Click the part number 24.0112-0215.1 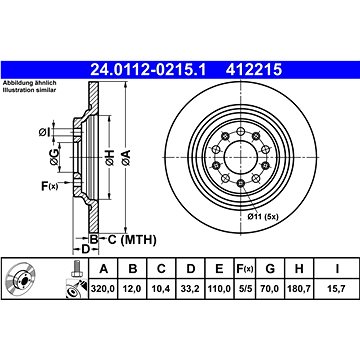149,70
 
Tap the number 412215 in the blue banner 254,70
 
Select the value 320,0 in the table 103,289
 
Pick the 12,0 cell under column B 133,289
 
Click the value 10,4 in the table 161,289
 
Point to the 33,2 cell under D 191,289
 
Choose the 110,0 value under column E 219,289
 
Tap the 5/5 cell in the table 245,289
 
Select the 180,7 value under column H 299,289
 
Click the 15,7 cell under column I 337,289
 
